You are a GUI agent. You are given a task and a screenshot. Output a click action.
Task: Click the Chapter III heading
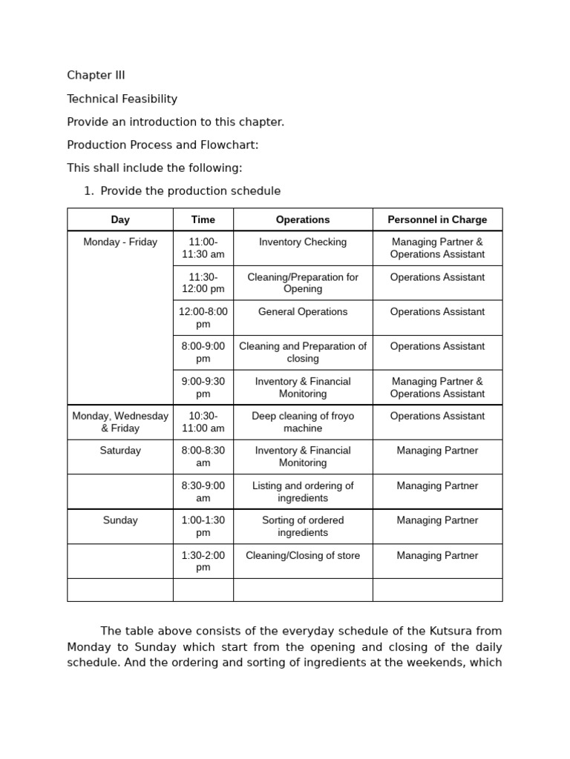[96, 76]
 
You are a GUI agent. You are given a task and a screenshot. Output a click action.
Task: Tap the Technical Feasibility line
[122, 99]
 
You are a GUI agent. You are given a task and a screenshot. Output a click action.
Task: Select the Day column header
[120, 219]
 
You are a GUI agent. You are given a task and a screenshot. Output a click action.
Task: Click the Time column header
[203, 219]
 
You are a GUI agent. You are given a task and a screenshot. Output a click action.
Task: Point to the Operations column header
[303, 219]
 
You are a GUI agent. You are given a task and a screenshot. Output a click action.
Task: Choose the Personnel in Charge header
[437, 219]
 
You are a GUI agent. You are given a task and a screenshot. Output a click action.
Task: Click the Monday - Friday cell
[120, 242]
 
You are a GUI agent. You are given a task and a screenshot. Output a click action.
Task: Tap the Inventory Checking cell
[303, 242]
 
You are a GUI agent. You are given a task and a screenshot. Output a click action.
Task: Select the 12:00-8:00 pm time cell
[203, 318]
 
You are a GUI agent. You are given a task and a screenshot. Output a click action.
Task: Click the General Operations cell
[303, 312]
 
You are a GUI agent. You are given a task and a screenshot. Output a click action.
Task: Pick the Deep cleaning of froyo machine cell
[303, 422]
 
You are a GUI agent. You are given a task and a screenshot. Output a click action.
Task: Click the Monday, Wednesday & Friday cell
[120, 422]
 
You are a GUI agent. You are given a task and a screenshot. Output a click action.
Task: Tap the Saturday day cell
[120, 451]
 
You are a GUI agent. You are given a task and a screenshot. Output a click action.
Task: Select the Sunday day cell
[120, 520]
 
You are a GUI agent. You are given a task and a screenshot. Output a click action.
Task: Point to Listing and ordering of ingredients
[303, 491]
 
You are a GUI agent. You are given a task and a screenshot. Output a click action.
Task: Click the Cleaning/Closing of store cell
[303, 556]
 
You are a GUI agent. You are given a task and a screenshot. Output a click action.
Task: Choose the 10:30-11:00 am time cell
[203, 422]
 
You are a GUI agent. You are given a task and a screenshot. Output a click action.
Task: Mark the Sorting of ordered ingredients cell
[303, 526]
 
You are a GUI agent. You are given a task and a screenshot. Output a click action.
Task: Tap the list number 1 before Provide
[88, 191]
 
